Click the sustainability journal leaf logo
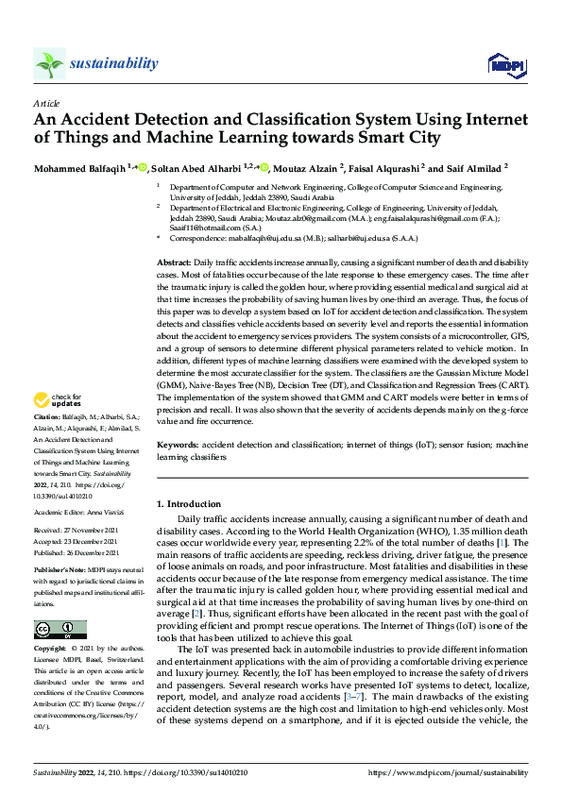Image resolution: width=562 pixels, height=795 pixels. [x=49, y=63]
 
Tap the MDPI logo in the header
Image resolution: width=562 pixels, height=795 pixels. [x=501, y=64]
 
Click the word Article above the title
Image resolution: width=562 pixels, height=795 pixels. [x=46, y=103]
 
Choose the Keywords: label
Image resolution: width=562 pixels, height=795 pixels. [x=178, y=443]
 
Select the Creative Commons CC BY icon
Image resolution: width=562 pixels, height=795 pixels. [x=60, y=630]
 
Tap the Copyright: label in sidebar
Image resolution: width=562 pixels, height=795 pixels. [x=50, y=649]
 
